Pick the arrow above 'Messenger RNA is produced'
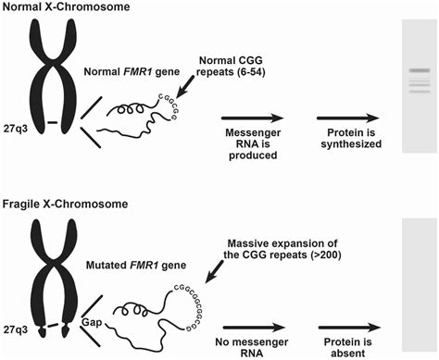tap(252, 118)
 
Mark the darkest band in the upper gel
tap(419, 70)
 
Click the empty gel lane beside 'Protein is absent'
tap(419, 288)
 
